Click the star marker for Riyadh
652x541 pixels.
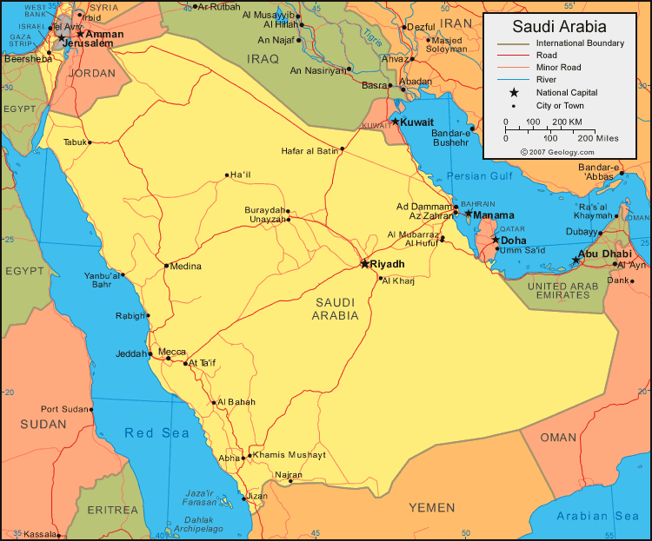pyautogui.click(x=364, y=263)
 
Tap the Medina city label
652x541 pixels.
pyautogui.click(x=186, y=266)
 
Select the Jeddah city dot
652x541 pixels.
pyautogui.click(x=155, y=354)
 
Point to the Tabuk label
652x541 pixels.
pyautogui.click(x=75, y=142)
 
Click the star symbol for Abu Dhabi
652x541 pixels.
pyautogui.click(x=575, y=260)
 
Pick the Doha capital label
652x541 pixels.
pyautogui.click(x=514, y=240)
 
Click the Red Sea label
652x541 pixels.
pyautogui.click(x=156, y=432)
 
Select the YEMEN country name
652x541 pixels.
pyautogui.click(x=431, y=507)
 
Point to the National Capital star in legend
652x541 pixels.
pyautogui.click(x=514, y=92)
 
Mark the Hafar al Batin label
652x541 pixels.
pyautogui.click(x=309, y=151)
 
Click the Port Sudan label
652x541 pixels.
pyautogui.click(x=66, y=409)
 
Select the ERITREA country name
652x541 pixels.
pyautogui.click(x=113, y=509)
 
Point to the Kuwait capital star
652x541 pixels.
pyautogui.click(x=395, y=122)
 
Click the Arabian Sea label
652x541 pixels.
pyautogui.click(x=597, y=516)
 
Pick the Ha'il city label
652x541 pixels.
pyautogui.click(x=240, y=175)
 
